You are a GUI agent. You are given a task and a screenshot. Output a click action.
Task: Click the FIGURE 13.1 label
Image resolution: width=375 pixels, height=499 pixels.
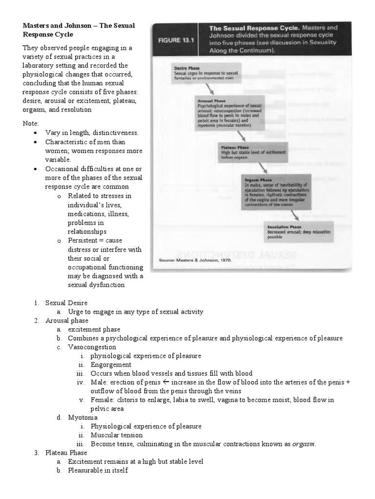(x=174, y=40)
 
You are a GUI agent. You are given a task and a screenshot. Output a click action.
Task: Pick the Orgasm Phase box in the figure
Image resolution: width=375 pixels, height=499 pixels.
(x=276, y=192)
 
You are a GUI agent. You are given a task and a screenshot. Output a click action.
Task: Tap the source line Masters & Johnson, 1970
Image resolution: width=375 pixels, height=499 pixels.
(x=195, y=260)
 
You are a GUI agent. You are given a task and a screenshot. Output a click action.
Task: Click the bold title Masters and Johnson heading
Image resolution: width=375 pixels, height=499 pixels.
(x=79, y=30)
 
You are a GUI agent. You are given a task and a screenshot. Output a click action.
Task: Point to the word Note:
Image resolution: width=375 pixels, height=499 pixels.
(x=30, y=124)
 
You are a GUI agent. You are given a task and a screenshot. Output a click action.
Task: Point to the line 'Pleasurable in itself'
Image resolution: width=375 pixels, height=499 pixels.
(x=98, y=470)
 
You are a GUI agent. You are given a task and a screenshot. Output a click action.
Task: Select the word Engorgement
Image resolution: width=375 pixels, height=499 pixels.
(x=111, y=365)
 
